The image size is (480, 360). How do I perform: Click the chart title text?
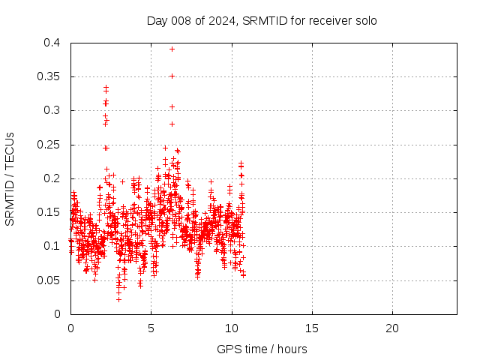[x=262, y=20]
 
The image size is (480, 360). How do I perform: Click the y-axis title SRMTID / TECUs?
[x=10, y=178]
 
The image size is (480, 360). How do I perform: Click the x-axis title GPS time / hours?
[x=262, y=349]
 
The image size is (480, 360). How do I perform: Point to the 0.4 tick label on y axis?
[x=52, y=43]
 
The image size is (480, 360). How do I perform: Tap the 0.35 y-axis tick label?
[x=49, y=76]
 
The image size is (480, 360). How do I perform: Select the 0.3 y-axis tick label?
[x=52, y=110]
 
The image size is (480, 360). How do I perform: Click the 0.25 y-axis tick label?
[x=49, y=145]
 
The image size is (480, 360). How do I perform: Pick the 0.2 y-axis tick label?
[x=52, y=178]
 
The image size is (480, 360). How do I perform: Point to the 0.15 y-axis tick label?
[x=49, y=212]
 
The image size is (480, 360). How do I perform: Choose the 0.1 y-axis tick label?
[x=52, y=246]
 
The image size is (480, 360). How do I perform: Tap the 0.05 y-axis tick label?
[x=49, y=280]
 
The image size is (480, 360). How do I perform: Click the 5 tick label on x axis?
[x=151, y=328]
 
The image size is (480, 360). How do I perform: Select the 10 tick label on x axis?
[x=231, y=328]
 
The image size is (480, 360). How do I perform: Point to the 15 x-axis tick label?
[x=311, y=328]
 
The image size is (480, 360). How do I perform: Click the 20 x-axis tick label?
[x=391, y=328]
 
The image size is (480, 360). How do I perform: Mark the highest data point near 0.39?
[x=172, y=49]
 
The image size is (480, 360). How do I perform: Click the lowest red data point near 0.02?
[x=118, y=299]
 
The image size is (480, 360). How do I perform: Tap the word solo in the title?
[x=365, y=20]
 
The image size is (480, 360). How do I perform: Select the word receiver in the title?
[x=331, y=20]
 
